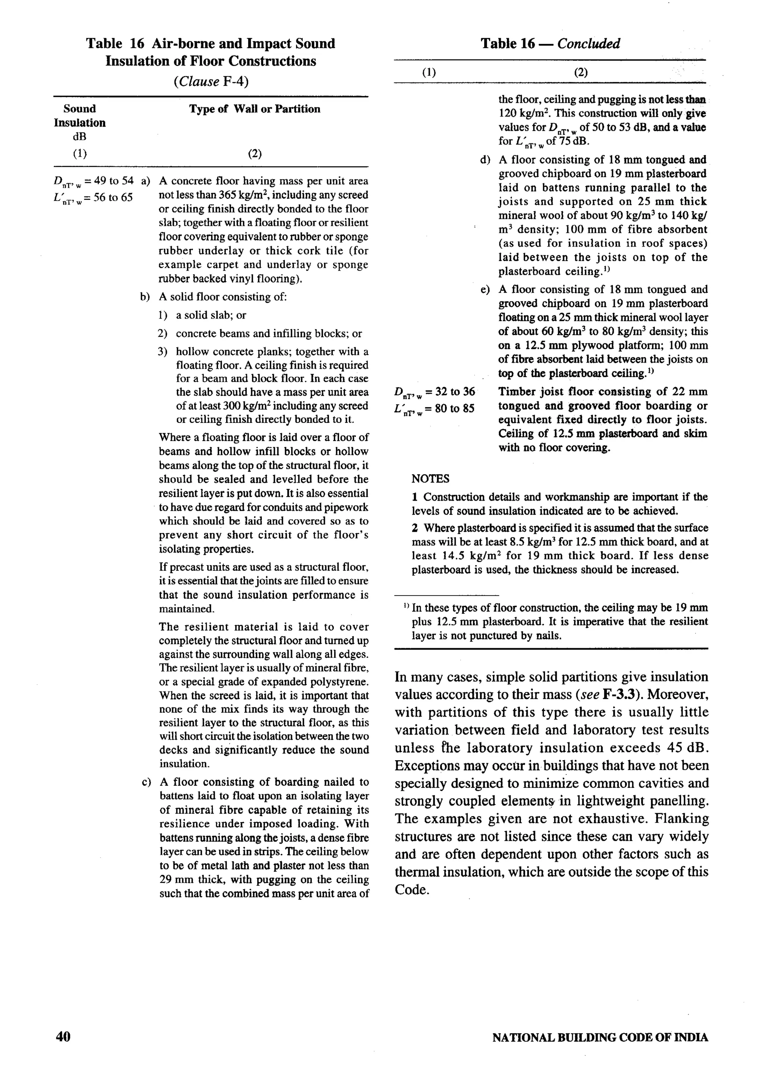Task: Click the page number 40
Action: pos(63,1037)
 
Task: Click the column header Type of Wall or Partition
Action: pos(255,109)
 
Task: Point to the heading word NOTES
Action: pos(430,479)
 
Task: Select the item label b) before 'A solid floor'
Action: pos(145,297)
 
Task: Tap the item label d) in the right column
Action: pos(484,160)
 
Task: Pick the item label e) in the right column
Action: pos(484,289)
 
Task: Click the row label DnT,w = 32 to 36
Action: pos(434,393)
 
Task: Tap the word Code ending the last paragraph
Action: pos(411,890)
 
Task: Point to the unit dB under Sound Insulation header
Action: pos(79,137)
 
